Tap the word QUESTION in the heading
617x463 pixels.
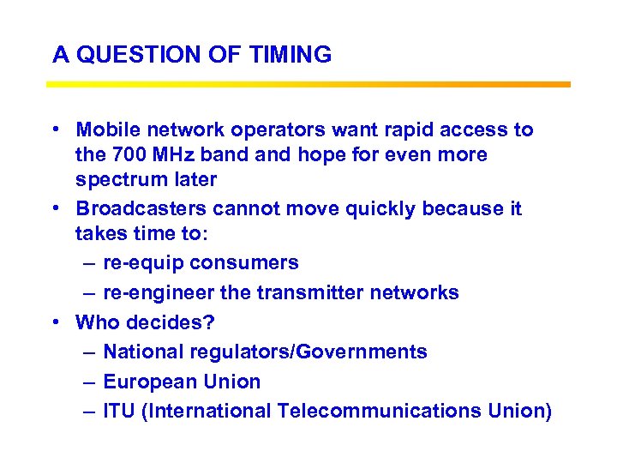pyautogui.click(x=129, y=55)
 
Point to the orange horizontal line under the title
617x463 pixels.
pyautogui.click(x=308, y=84)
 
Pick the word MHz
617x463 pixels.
pyautogui.click(x=171, y=155)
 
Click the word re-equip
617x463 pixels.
pyautogui.click(x=139, y=263)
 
